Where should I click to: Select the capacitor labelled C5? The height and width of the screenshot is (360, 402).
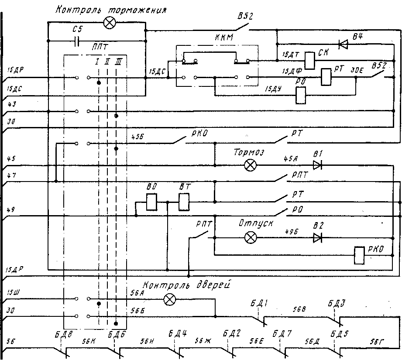(77, 41)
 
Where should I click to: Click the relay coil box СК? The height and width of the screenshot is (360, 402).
(310, 60)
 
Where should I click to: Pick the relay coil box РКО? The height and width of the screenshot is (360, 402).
(359, 256)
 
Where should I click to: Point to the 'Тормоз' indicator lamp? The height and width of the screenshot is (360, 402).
(250, 165)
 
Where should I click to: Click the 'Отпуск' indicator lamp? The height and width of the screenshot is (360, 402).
(250, 237)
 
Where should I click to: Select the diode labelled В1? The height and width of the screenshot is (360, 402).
(317, 165)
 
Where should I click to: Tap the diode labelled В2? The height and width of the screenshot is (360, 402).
(317, 237)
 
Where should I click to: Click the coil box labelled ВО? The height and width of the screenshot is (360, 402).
(152, 202)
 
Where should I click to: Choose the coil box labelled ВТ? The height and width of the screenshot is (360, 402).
(184, 202)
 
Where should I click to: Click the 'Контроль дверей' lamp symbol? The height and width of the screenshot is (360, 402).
(170, 299)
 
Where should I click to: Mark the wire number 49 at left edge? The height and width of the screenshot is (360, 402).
(11, 209)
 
